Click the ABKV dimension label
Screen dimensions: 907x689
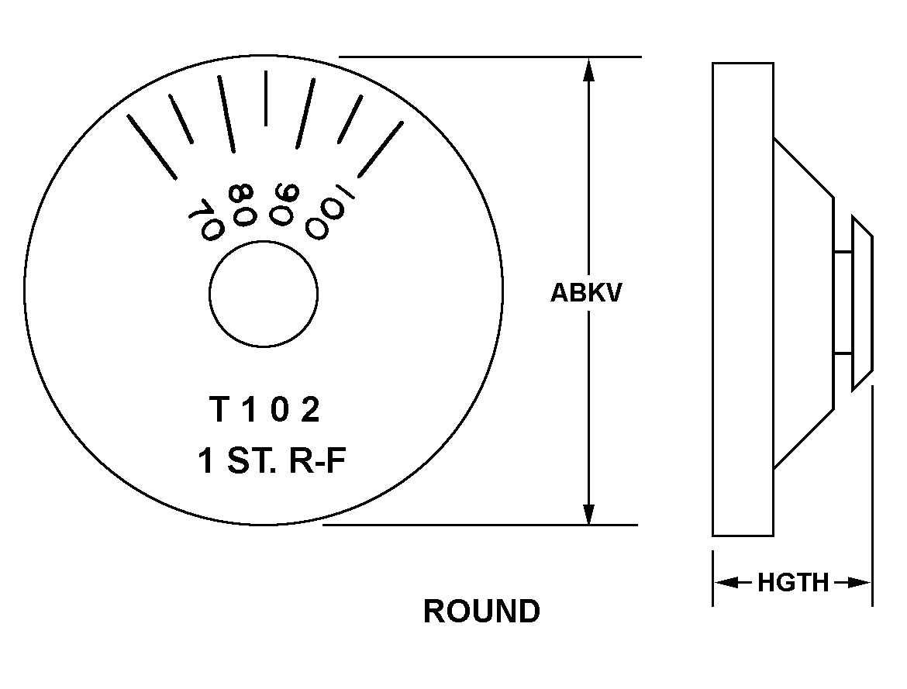tap(585, 293)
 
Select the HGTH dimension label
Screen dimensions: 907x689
tap(793, 583)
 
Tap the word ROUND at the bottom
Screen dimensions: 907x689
tap(482, 611)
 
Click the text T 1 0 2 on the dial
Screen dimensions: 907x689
tap(264, 409)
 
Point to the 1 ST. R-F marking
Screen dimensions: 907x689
tap(272, 461)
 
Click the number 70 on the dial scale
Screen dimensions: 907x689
tap(205, 219)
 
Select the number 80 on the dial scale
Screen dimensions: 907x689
tap(241, 204)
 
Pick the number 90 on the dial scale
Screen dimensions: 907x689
tap(284, 204)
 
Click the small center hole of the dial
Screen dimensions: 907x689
tap(264, 294)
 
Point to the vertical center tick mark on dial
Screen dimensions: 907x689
tap(265, 98)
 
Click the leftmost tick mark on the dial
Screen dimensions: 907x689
tap(151, 147)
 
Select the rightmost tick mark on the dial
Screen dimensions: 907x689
tap(381, 150)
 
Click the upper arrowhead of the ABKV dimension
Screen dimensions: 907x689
tap(588, 69)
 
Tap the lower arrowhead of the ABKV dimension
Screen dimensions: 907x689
tap(588, 514)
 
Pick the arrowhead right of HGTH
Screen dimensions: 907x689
tap(860, 582)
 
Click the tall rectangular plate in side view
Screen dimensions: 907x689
tap(743, 299)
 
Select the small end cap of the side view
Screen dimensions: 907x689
tap(862, 302)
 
